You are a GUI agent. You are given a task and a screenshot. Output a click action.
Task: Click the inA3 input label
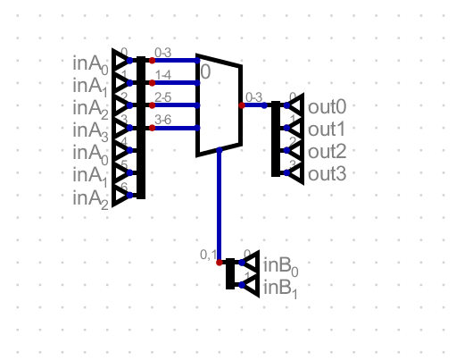point(91,130)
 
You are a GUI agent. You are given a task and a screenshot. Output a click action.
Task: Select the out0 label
point(327,107)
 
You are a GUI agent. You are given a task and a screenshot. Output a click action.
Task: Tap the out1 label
point(327,130)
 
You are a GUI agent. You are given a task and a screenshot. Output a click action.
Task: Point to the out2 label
point(327,151)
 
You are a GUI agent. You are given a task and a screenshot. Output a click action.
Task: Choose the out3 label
point(327,173)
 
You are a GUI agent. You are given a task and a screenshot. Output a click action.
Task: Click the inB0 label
point(280,265)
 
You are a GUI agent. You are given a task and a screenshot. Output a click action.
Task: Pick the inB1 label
point(280,287)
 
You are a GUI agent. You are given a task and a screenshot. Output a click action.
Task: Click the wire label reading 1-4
point(164,75)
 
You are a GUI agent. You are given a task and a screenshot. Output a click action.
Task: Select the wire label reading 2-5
point(164,96)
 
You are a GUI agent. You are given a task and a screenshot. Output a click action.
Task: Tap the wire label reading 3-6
point(164,119)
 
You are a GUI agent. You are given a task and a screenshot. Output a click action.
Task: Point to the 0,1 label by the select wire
point(209,255)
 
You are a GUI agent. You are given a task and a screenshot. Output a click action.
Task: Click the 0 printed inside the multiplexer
point(204,71)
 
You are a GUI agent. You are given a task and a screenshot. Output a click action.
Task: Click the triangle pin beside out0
point(294,106)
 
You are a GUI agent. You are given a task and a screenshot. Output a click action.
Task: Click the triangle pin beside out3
point(294,172)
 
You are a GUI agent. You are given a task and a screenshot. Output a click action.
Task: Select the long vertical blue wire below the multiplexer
point(220,205)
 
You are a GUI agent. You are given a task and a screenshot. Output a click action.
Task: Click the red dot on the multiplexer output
point(242,105)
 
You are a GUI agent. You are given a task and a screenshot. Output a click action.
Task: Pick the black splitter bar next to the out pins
point(276,138)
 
